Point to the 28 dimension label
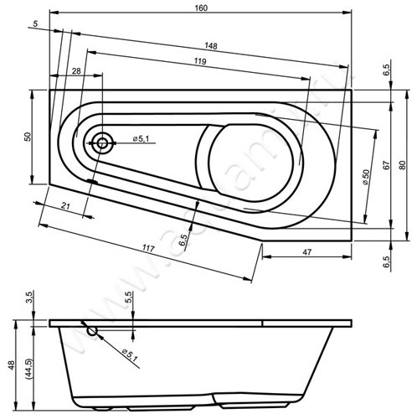77,73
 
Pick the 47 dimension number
307,252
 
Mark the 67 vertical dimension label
386,165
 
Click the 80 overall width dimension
402,165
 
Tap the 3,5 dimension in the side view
28,297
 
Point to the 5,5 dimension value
128,297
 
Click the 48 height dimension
11,364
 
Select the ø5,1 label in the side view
128,355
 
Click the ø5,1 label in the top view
142,139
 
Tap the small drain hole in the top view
103,142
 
